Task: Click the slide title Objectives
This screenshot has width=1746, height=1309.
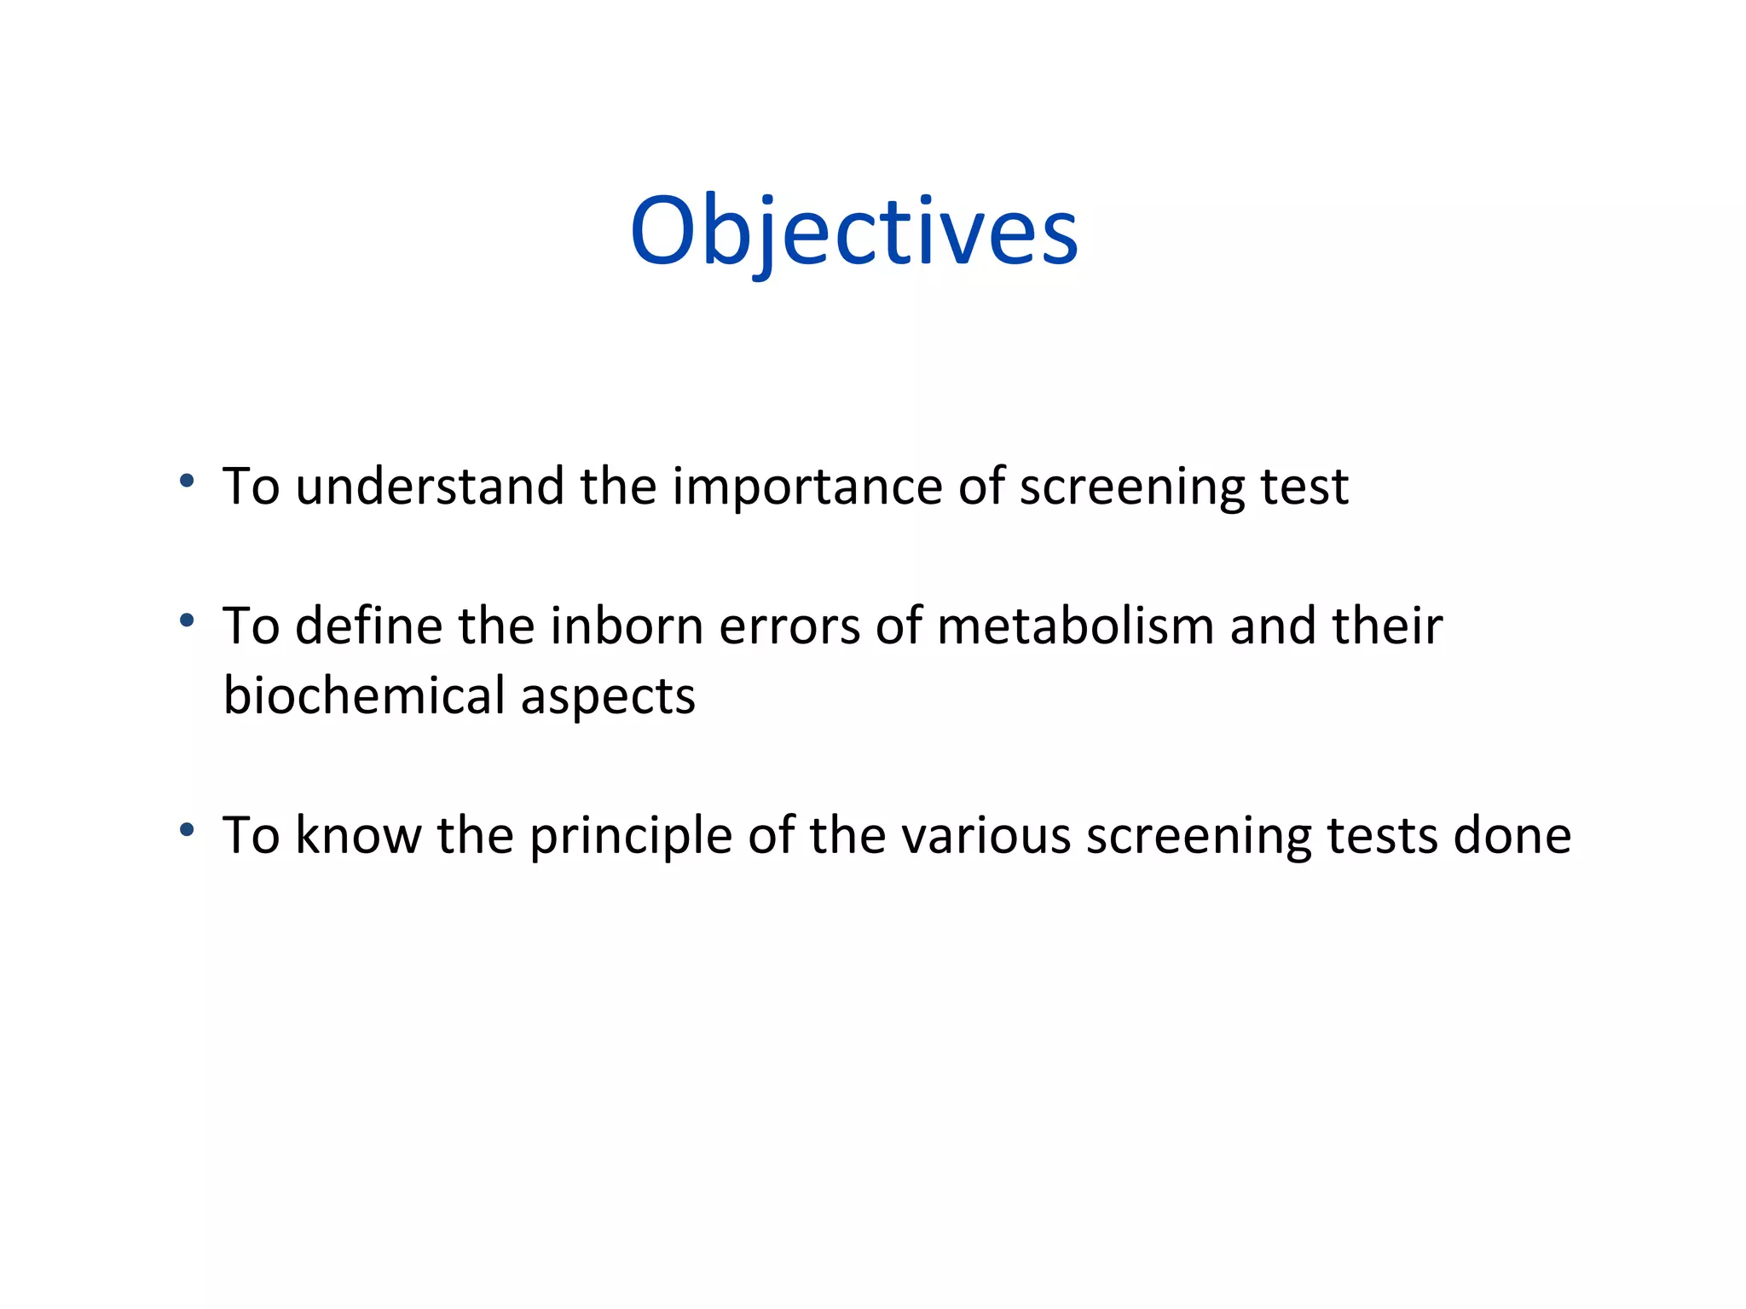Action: [854, 232]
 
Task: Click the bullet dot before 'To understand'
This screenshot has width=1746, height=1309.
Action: [187, 481]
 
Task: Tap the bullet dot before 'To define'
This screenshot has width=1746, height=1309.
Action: [187, 620]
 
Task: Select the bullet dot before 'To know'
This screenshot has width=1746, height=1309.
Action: [187, 829]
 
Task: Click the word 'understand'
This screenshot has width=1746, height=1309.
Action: [430, 487]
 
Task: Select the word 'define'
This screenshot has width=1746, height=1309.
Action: [368, 626]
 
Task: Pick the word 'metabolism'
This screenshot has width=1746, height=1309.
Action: [1075, 626]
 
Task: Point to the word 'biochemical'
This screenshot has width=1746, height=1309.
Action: [364, 695]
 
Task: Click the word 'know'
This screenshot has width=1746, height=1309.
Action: [357, 835]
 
